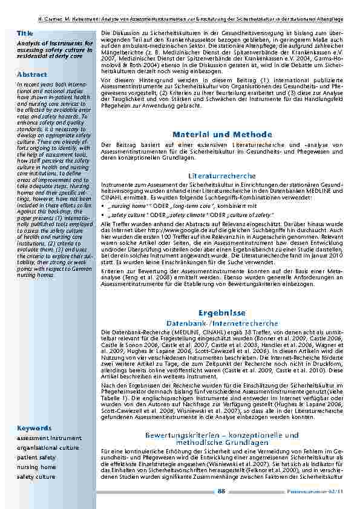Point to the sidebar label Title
click(25, 33)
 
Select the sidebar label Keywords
click(30, 427)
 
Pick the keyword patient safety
click(36, 458)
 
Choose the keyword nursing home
click(36, 467)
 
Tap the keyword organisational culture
click(48, 448)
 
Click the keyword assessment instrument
click(48, 438)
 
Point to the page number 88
click(221, 491)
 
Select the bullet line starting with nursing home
click(165, 206)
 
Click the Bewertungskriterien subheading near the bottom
click(221, 438)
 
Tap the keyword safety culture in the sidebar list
click(36, 477)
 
